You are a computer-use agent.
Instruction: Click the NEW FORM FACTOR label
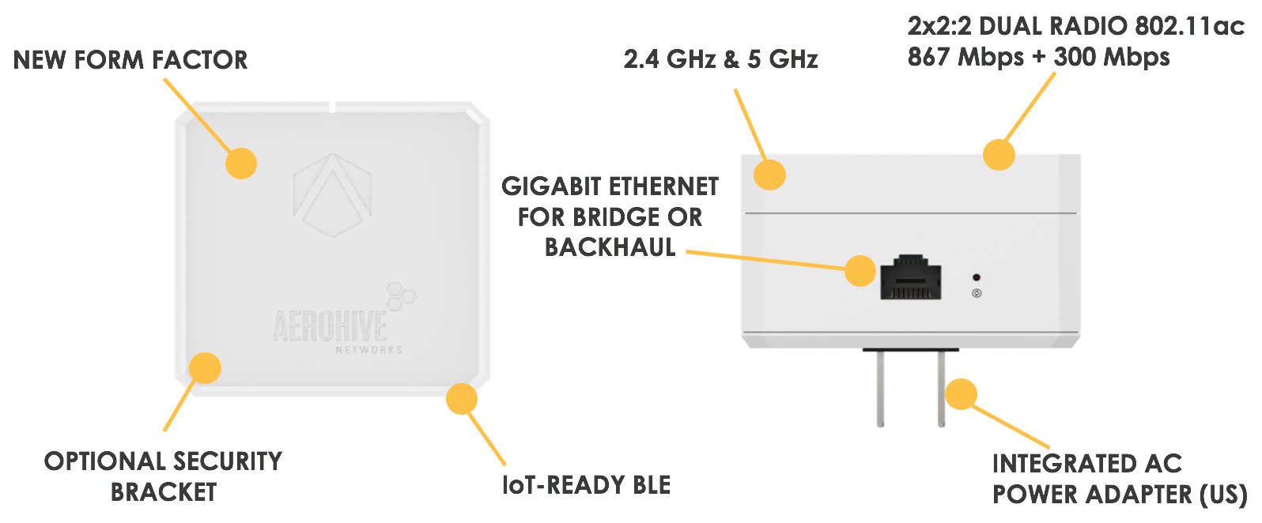tap(130, 60)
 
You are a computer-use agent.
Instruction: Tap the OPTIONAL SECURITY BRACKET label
tap(163, 476)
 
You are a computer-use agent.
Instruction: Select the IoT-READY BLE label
tap(586, 485)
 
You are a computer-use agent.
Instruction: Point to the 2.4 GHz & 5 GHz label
tap(720, 59)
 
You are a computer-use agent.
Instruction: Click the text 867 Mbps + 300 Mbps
tap(1038, 57)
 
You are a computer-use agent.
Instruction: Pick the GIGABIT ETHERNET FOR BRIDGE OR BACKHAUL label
tap(610, 216)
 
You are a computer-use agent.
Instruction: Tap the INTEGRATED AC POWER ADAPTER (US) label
tap(1118, 479)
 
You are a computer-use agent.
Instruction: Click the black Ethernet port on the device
tap(911, 277)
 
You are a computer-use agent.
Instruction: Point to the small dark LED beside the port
tap(977, 277)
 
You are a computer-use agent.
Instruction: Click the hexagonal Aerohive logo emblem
tap(332, 195)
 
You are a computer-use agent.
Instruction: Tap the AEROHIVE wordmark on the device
tap(330, 326)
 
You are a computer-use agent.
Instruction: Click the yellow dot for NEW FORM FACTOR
tap(241, 164)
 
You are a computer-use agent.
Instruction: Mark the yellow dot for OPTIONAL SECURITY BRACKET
tap(205, 368)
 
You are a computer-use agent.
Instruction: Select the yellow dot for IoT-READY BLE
tap(462, 399)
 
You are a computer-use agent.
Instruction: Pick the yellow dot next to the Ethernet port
tap(860, 271)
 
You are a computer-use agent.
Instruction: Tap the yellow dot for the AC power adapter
tap(961, 393)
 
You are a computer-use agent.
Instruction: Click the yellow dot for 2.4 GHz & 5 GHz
tap(769, 175)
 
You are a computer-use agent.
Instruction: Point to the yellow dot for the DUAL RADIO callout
tap(999, 155)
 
